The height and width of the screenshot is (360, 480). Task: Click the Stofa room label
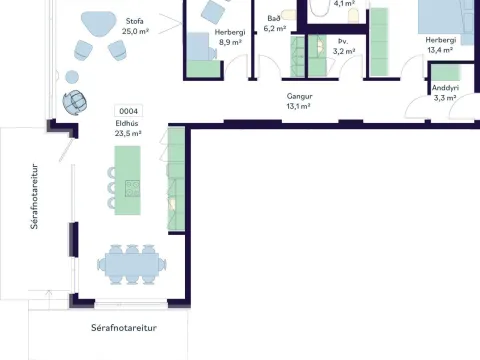tap(135, 21)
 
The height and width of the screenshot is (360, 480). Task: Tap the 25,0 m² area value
tap(135, 31)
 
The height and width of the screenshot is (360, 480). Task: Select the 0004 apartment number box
tap(128, 111)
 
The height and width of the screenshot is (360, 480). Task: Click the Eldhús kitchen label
tap(127, 123)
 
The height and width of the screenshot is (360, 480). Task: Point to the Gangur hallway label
tap(299, 96)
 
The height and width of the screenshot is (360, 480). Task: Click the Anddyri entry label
tap(445, 88)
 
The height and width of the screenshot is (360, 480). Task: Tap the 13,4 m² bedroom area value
tap(440, 50)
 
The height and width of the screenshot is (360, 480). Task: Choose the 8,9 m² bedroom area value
tap(230, 42)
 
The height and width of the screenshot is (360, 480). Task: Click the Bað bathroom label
tap(274, 18)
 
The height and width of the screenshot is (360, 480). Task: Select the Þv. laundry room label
tap(343, 41)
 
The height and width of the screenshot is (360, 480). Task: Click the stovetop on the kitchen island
tap(132, 188)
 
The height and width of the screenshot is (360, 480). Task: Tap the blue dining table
tap(132, 265)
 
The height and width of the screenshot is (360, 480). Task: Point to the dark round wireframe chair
tap(75, 102)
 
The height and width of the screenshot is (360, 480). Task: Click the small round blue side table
tap(72, 77)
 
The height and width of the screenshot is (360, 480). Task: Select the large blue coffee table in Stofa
tap(99, 23)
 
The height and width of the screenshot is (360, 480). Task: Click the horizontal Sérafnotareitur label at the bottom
tap(124, 328)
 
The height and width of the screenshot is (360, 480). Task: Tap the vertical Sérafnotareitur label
tap(34, 196)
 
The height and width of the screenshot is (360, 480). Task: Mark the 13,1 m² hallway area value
tap(298, 106)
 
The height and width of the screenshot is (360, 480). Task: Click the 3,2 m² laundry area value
tap(344, 51)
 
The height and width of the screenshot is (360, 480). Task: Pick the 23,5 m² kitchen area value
tap(128, 134)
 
